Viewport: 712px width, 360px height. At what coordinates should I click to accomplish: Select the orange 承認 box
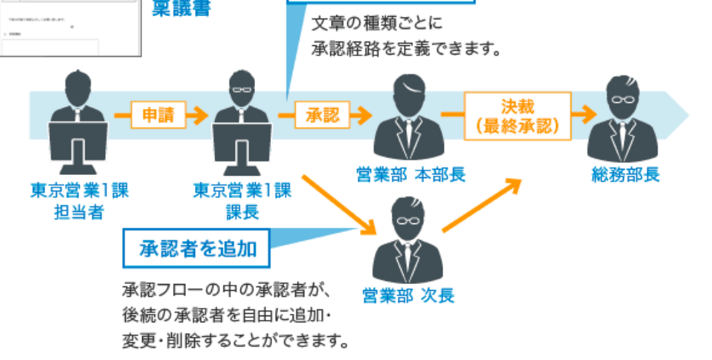[x=323, y=116]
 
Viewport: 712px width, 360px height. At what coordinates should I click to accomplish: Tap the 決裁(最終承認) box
[x=517, y=116]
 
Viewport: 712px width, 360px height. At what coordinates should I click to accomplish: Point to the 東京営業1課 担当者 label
[x=79, y=200]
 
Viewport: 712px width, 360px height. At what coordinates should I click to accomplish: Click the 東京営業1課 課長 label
[x=242, y=200]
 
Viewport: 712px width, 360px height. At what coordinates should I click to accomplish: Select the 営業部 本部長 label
[x=411, y=174]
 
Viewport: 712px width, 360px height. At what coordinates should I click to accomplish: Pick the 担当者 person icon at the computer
[x=79, y=123]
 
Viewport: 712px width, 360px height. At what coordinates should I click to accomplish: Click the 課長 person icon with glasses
[x=242, y=123]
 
